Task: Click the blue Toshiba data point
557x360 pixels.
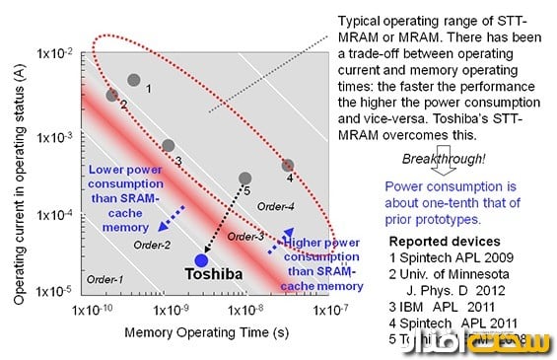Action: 201,260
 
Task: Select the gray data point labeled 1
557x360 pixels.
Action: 134,80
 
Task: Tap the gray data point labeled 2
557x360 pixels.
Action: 112,95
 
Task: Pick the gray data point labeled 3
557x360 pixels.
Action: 168,146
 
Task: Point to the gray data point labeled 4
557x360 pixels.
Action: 288,166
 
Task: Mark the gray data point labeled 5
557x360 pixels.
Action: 245,179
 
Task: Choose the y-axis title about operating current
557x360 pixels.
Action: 16,163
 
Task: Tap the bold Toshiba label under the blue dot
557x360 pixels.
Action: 207,280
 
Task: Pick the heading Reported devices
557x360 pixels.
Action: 441,241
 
